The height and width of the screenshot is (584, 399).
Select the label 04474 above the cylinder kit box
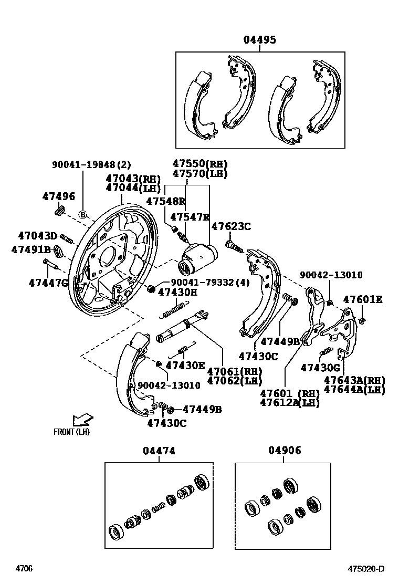(x=159, y=451)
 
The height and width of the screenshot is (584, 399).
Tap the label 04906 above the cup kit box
(x=285, y=451)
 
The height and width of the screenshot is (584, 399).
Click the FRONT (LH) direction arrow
(x=82, y=420)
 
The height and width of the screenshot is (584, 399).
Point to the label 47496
(x=59, y=196)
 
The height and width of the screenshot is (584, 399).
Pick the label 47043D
(x=37, y=236)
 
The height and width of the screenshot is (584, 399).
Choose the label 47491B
(x=31, y=249)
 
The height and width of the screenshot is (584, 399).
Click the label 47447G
(x=48, y=283)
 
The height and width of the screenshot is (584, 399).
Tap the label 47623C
(x=231, y=226)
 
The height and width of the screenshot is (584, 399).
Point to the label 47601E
(x=363, y=300)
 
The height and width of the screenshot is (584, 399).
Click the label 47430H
(x=177, y=292)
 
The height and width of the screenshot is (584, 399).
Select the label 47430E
(x=185, y=366)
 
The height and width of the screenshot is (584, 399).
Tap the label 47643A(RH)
(x=354, y=380)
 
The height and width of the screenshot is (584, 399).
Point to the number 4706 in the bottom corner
(x=24, y=569)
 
